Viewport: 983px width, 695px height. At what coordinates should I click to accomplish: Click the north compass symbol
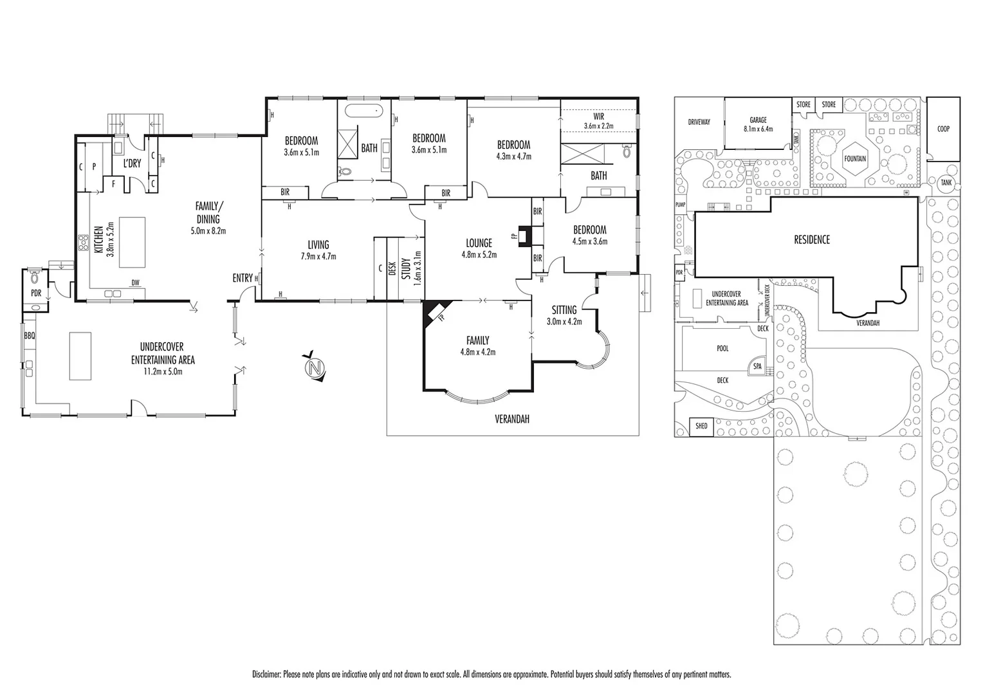[314, 367]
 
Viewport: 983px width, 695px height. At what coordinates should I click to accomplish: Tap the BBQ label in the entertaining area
[29, 336]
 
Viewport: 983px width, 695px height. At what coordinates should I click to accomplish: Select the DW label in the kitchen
[135, 283]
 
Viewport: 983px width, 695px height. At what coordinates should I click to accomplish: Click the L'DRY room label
[132, 163]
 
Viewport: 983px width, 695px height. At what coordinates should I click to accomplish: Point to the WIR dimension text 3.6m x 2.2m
[598, 126]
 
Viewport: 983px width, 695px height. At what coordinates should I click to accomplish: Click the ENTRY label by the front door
[243, 278]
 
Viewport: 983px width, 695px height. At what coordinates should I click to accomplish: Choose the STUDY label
[406, 269]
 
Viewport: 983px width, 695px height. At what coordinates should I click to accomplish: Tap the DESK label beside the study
[392, 267]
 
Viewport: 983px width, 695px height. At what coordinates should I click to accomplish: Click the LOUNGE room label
[479, 243]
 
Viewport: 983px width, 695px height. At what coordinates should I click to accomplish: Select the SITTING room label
[564, 310]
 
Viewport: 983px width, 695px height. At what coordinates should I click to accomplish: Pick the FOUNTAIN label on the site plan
[855, 159]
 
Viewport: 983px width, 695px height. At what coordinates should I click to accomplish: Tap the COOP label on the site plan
[942, 129]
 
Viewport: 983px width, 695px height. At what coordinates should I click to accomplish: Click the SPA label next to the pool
[757, 367]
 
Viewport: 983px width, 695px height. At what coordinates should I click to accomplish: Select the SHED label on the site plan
[701, 426]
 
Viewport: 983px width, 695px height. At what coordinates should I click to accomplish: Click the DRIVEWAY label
[699, 122]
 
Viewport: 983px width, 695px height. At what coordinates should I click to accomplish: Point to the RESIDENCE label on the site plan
[811, 239]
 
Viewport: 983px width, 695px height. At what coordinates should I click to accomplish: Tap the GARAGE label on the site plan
[757, 120]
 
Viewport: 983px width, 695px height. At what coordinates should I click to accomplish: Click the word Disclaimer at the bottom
[266, 674]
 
